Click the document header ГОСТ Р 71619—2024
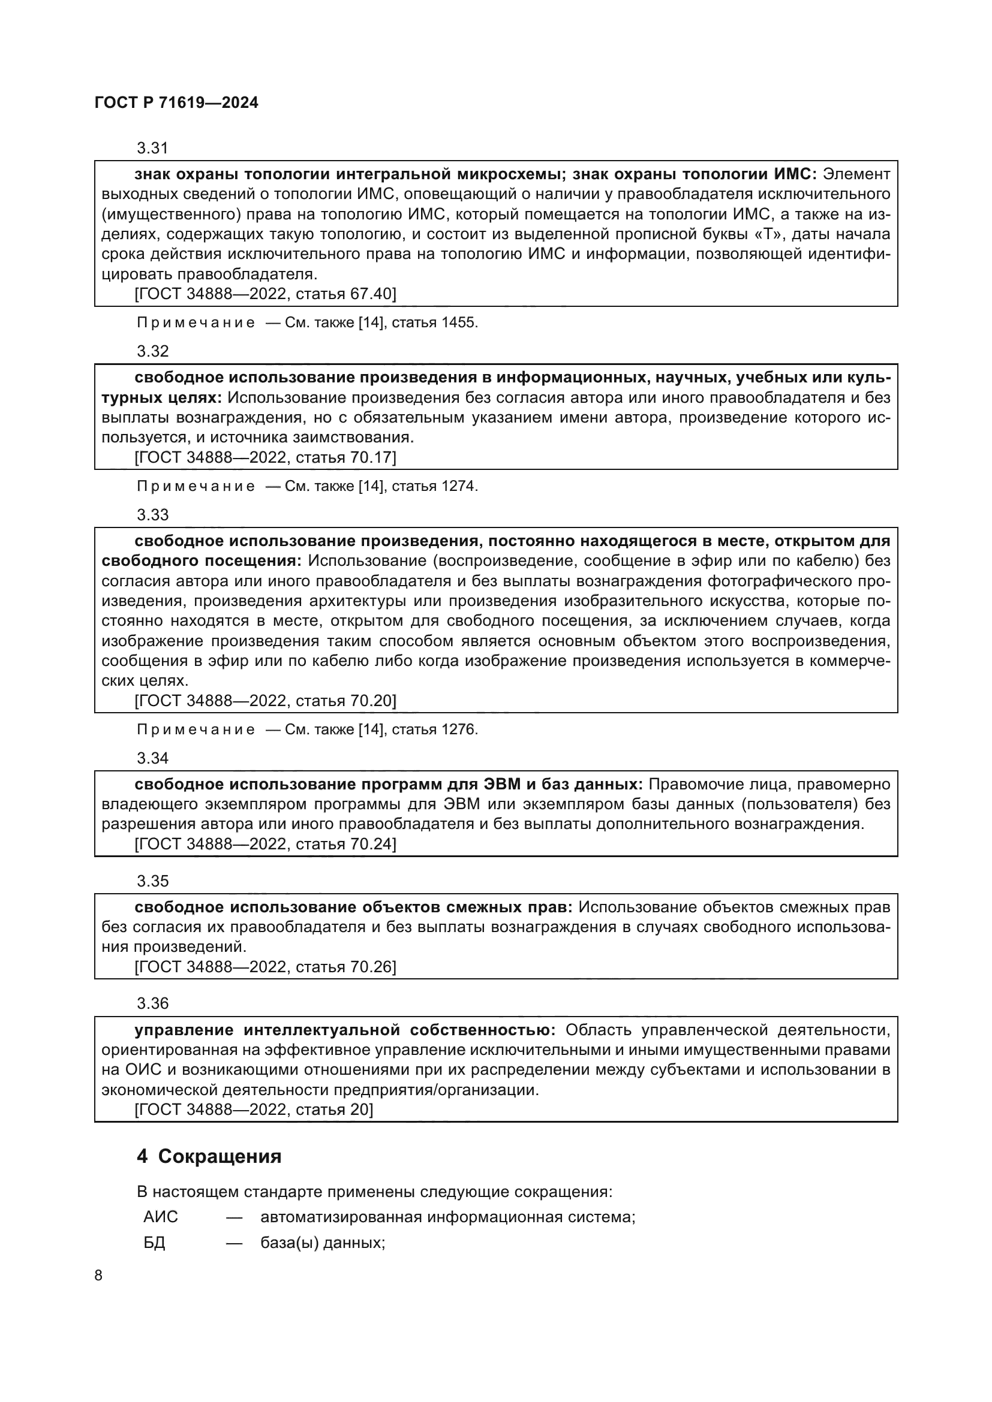[x=176, y=102]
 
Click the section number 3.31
[x=152, y=148]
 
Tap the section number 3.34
[x=152, y=758]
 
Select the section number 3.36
[x=152, y=1003]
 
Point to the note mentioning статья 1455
[x=306, y=322]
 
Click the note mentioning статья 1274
[x=306, y=486]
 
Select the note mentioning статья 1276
[x=306, y=729]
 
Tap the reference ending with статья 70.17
[x=265, y=457]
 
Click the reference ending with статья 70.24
[x=265, y=844]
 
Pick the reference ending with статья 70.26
[x=265, y=967]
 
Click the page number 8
[x=98, y=1276]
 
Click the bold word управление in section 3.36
[x=184, y=1030]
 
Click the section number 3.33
[x=152, y=514]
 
